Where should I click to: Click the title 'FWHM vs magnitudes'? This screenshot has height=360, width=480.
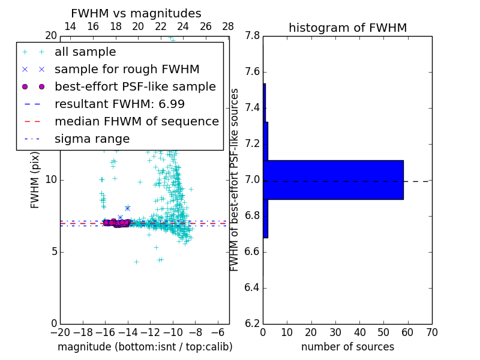point(136,14)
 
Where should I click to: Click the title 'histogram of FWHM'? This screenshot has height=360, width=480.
point(347,28)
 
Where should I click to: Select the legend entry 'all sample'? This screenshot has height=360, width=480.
point(85,52)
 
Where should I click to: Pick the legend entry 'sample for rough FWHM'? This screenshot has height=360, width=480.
point(127,70)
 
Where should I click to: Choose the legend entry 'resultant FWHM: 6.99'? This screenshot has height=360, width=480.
point(119,104)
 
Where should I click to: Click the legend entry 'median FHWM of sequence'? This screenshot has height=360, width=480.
point(136,121)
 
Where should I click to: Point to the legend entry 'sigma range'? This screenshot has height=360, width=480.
point(92,139)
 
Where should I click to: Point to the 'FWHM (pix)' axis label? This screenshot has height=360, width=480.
point(35,179)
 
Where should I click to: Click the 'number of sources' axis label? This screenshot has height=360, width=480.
point(347,347)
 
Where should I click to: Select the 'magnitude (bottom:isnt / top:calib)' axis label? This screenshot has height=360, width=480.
point(145,347)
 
